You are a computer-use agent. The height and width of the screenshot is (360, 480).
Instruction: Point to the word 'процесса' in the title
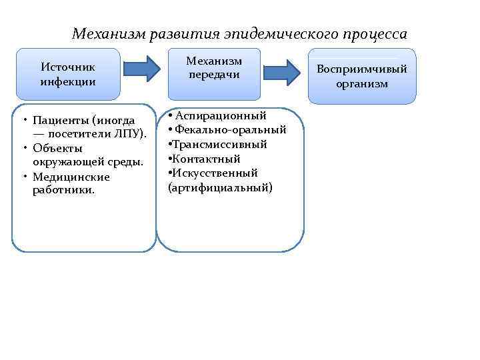point(373,33)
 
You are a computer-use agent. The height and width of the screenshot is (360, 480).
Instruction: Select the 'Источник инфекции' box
point(68,74)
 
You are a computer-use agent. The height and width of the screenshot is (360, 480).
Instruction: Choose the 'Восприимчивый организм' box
point(362,77)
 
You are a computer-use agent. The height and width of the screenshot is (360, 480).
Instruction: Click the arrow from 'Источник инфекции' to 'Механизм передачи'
point(142,67)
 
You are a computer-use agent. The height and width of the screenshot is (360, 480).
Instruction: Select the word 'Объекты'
point(57,148)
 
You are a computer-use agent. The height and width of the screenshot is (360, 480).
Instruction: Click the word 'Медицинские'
point(71,177)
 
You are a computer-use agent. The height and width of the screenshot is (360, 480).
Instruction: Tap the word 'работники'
point(63,191)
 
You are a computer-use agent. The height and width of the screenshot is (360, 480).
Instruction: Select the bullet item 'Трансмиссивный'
point(218,145)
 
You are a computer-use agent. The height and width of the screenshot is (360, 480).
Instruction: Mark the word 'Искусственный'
point(216,173)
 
